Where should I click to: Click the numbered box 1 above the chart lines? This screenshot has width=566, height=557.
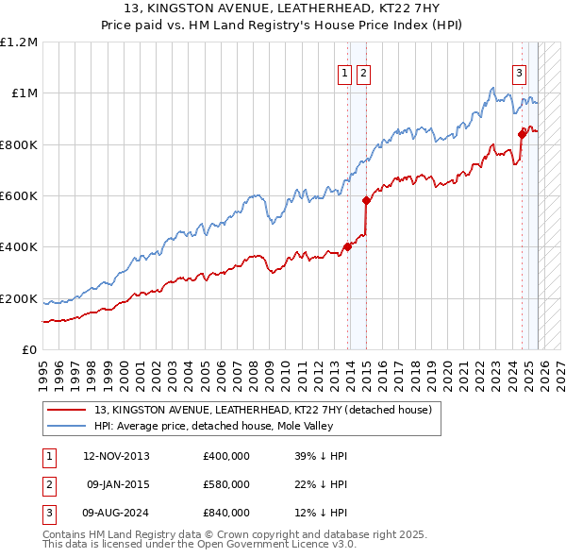(x=345, y=74)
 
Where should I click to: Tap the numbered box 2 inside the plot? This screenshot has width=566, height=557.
(x=363, y=74)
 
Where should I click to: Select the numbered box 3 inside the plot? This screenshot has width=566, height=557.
(x=519, y=74)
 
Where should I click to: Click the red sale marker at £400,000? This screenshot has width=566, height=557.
(x=347, y=247)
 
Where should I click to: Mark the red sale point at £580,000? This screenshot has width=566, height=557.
(x=366, y=200)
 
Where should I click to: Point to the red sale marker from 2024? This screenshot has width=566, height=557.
(x=522, y=134)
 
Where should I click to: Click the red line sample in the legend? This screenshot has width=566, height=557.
(x=66, y=411)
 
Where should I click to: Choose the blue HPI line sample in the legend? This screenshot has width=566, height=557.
(x=66, y=426)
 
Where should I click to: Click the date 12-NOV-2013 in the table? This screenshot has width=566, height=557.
(x=116, y=456)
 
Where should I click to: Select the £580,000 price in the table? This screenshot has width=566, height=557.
(x=225, y=484)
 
